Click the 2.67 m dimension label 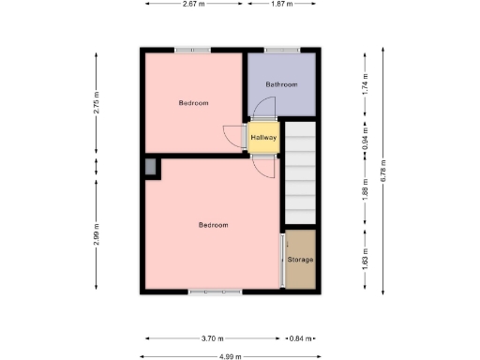tap(195, 4)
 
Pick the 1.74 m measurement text tap(366, 85)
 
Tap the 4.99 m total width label tap(229, 356)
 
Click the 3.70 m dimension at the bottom tap(213, 338)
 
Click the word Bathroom tap(280, 84)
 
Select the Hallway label tap(263, 138)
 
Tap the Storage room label tap(300, 259)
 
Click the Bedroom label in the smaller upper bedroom tap(193, 102)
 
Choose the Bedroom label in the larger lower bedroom tap(214, 225)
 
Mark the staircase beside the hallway tap(301, 172)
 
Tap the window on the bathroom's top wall tap(280, 50)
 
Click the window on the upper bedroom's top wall tap(192, 50)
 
